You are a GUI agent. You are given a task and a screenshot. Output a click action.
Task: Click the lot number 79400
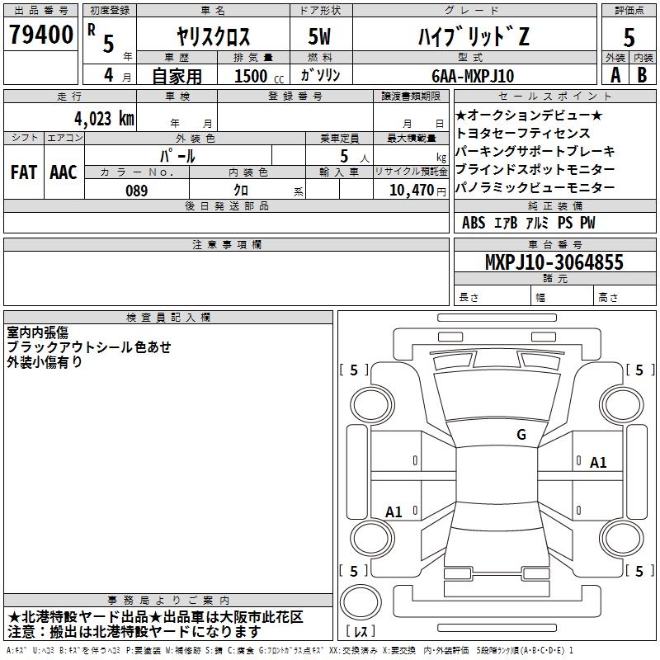point(41,34)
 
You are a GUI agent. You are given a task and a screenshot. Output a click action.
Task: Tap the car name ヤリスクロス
point(213,36)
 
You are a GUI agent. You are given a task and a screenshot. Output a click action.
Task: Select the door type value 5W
point(319,36)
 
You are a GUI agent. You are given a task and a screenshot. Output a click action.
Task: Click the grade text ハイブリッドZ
point(474,36)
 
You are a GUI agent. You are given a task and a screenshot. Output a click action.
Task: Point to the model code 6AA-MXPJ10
point(473,76)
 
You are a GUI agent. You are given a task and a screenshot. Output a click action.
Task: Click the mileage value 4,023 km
point(104,118)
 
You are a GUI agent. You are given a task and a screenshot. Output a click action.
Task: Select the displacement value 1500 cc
point(258,76)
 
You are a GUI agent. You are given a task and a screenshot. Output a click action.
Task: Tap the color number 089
point(137,191)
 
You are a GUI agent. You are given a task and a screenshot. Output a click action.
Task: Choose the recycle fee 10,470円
point(417,191)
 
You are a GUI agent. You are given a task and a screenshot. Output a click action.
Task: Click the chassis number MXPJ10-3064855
point(554,262)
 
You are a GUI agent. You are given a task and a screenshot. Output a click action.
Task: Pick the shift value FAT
point(24,172)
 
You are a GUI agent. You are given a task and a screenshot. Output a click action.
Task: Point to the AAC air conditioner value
point(64,172)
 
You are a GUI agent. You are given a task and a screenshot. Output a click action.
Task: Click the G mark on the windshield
point(521,434)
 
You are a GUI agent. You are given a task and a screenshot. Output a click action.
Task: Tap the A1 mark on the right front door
point(598,463)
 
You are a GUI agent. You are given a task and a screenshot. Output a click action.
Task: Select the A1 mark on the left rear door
point(394,511)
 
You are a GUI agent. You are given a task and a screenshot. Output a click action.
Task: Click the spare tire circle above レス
point(361,602)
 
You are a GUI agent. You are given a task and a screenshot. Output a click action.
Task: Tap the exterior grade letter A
point(615,75)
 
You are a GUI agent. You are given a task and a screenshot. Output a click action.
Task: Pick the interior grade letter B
point(642,75)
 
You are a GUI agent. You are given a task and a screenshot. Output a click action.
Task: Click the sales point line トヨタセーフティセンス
point(523,133)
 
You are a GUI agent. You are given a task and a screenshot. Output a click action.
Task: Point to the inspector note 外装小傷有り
point(45,361)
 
